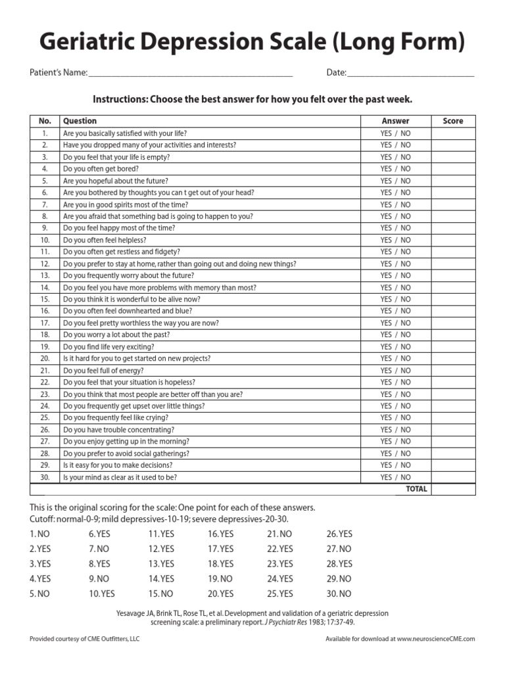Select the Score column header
point(453,121)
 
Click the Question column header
point(80,121)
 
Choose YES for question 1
point(386,133)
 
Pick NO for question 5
point(406,181)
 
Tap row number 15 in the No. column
point(45,299)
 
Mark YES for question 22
point(386,382)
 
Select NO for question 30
point(406,477)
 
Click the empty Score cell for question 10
point(453,240)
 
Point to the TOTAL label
point(416,489)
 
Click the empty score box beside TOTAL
point(453,489)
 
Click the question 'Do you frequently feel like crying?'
point(116,417)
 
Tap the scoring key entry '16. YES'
point(220,534)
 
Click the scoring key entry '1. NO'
point(39,534)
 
